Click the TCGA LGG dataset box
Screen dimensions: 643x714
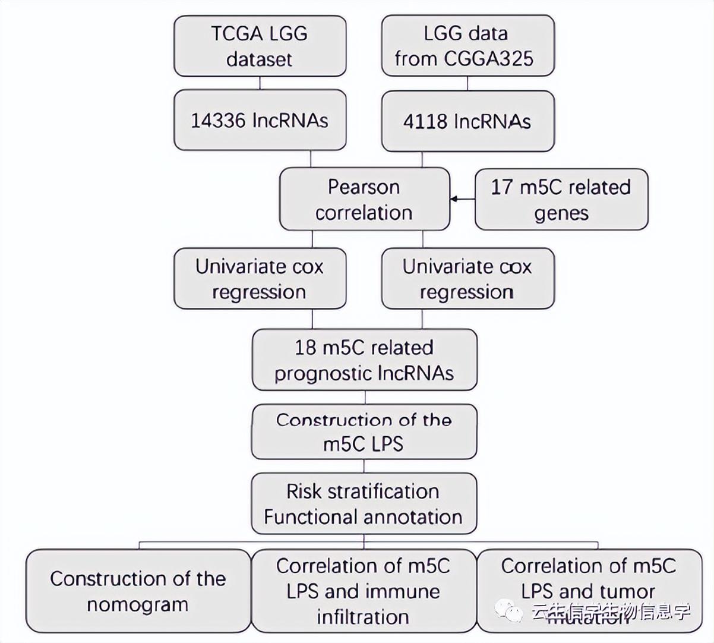(260, 46)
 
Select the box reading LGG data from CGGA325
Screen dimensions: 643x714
(467, 46)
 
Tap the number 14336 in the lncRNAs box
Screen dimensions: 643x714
(218, 121)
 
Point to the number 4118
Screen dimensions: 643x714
(425, 122)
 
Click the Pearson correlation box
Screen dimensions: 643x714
(364, 200)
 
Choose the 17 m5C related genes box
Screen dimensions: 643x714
(561, 200)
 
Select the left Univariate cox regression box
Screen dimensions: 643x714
(260, 279)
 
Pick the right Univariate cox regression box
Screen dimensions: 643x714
(467, 279)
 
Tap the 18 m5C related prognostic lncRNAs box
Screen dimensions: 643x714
(364, 360)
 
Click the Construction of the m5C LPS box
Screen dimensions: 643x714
(364, 432)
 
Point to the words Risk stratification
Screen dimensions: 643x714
(362, 491)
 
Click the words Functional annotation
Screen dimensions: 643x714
(363, 517)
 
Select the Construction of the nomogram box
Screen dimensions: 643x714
(138, 591)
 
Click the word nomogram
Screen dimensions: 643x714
(138, 605)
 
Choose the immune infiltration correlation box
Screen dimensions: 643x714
(364, 591)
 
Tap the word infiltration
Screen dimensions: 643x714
(363, 617)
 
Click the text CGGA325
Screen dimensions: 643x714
(489, 58)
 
